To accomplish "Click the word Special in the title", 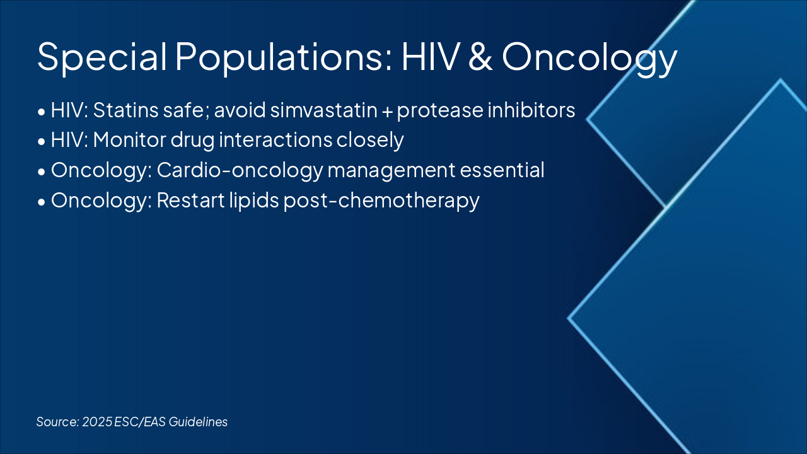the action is coord(102,57).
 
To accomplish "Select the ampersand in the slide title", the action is coord(480,56).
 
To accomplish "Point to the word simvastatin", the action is coord(323,110).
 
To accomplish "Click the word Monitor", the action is coord(130,140).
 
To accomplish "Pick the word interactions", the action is coord(276,140).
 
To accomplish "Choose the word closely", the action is coord(370,141).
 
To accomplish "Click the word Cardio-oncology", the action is coord(240,171).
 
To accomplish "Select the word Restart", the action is coord(191,201).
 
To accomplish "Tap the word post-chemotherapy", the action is coord(381,201).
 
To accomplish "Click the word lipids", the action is coord(254,201).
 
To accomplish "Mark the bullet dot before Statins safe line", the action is coord(42,112).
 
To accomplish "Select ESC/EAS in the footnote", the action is coord(140,422).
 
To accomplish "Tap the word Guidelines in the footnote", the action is coord(198,422).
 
